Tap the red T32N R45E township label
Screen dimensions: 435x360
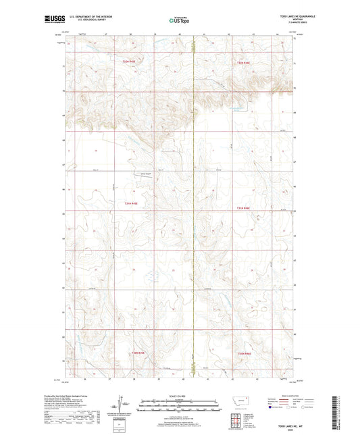click(x=129, y=62)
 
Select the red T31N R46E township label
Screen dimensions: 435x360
click(x=244, y=208)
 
